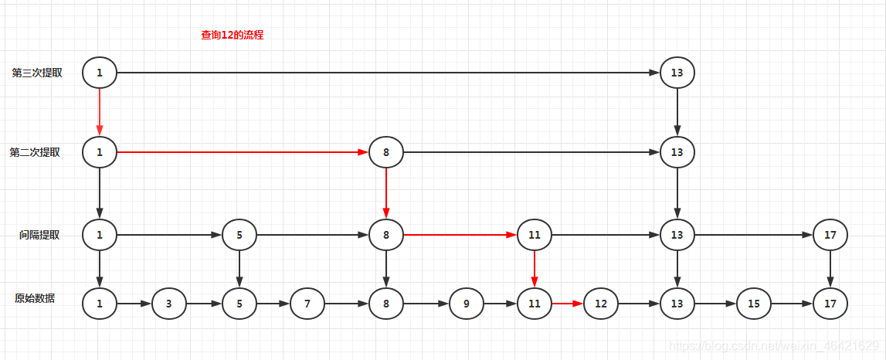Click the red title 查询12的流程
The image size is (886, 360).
point(232,35)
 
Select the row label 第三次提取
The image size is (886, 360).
point(37,73)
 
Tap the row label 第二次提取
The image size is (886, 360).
point(35,152)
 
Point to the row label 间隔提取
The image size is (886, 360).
point(39,235)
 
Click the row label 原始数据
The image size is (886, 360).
point(35,298)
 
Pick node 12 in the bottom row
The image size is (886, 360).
point(601,304)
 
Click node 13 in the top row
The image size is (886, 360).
point(677,73)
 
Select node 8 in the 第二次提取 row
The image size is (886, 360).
point(386,152)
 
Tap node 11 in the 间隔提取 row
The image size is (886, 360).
point(535,235)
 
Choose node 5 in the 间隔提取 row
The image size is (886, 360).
point(239,235)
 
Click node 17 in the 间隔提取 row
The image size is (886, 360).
point(830,235)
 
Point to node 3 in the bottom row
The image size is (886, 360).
point(169,304)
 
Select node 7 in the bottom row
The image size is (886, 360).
point(307,304)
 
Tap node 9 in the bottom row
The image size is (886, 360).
point(467,304)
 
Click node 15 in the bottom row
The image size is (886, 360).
point(753,304)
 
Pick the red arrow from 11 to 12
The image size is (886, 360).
point(568,304)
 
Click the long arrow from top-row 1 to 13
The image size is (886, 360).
point(386,73)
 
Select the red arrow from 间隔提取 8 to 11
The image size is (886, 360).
point(460,235)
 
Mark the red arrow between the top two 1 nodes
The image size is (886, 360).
point(100,112)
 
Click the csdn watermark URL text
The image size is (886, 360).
point(773,345)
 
